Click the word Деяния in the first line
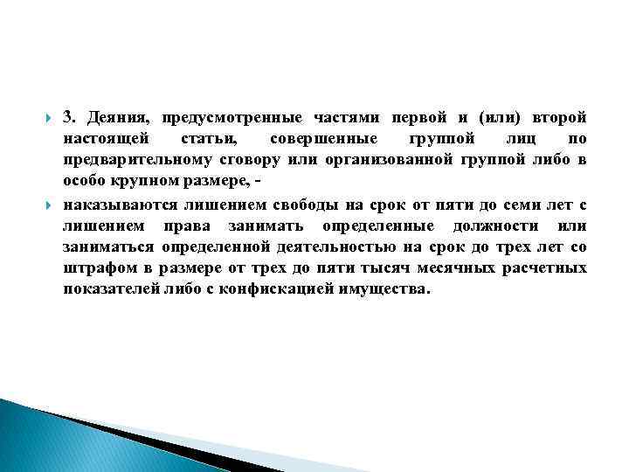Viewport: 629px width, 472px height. click(x=116, y=118)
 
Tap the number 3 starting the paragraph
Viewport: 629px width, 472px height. click(x=68, y=118)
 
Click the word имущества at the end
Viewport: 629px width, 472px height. click(x=384, y=290)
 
